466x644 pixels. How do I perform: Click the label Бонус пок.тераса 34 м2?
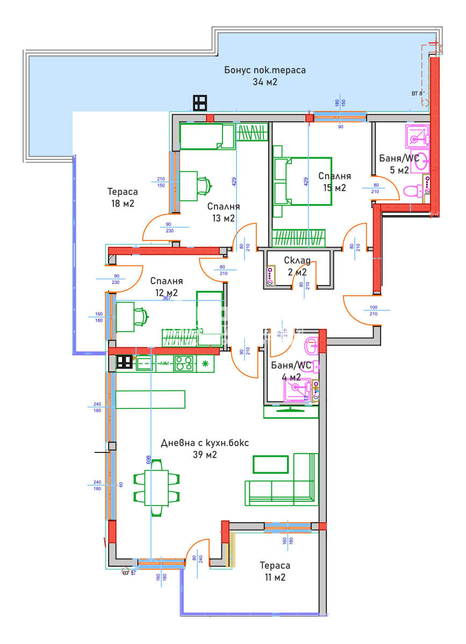265,76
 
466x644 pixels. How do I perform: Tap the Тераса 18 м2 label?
122,197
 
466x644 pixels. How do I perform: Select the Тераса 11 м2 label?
275,572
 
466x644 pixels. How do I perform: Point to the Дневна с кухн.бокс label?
205,443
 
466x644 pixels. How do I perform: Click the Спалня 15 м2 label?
334,181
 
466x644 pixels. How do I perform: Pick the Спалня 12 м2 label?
166,287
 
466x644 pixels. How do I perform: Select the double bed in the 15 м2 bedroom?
302,181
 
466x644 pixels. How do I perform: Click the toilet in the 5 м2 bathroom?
413,191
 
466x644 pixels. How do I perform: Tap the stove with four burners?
184,363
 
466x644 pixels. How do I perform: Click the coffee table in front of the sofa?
271,464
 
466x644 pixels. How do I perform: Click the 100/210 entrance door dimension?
374,311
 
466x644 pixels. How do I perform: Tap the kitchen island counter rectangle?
150,399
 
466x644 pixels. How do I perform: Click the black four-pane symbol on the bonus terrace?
200,103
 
